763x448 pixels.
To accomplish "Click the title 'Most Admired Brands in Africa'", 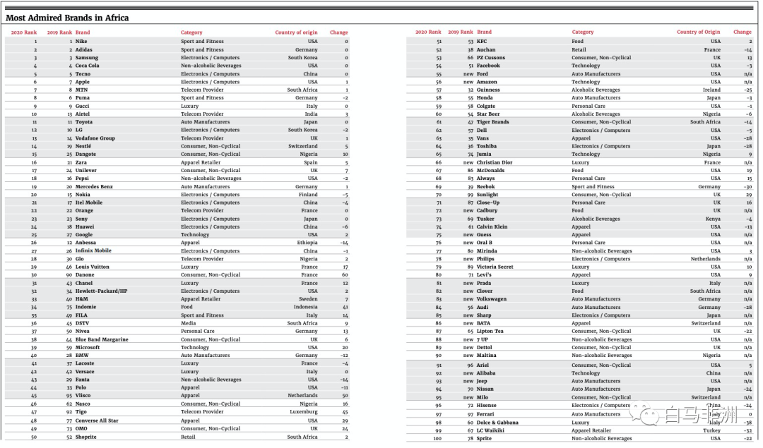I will click(67, 18).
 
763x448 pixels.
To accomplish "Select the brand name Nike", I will click(81, 42).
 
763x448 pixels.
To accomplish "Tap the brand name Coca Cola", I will click(88, 66).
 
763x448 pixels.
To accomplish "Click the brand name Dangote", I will click(87, 154).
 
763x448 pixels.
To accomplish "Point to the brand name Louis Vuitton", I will click(92, 267).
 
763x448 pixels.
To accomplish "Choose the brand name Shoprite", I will click(87, 437).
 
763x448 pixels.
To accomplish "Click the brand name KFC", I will click(482, 42).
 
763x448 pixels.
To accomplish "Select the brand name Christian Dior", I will click(495, 162).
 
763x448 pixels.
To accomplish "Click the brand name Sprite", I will click(485, 438).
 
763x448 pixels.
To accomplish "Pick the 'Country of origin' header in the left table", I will click(296, 32).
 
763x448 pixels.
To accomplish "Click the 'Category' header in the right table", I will click(582, 32).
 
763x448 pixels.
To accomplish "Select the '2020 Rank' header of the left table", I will click(24, 32).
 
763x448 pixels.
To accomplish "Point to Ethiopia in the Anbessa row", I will click(307, 243).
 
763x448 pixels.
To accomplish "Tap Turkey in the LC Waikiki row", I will click(712, 430).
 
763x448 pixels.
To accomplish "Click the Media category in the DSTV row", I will click(187, 323).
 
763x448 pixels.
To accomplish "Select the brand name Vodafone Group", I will click(95, 138).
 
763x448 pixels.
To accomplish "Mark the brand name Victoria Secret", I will click(495, 267).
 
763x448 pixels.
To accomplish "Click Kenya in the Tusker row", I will click(713, 219).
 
